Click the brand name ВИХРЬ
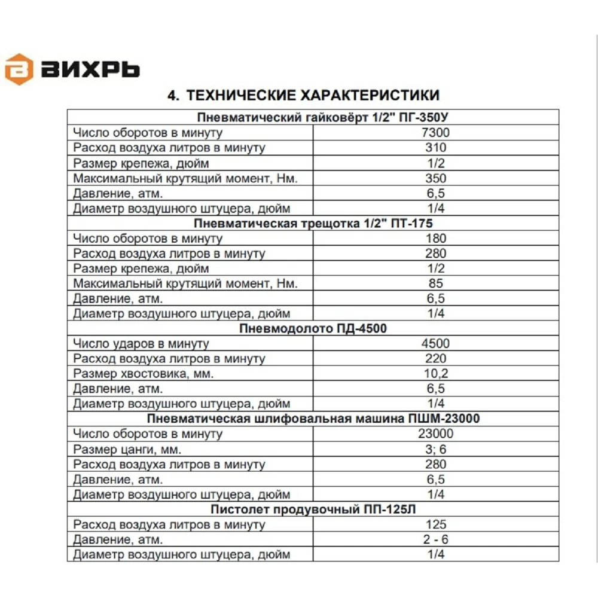[x=91, y=70]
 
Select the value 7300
[x=436, y=133]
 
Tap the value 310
[x=436, y=148]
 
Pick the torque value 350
[x=436, y=178]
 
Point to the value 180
[x=436, y=239]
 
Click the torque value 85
[x=436, y=283]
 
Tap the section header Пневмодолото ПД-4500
[x=313, y=329]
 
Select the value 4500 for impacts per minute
[x=436, y=344]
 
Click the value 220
[x=436, y=359]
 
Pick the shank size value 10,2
[x=436, y=374]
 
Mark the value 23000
[x=436, y=434]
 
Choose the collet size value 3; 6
[x=436, y=449]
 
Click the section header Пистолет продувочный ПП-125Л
[x=313, y=509]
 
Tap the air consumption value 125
[x=436, y=524]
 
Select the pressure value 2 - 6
[x=436, y=539]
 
